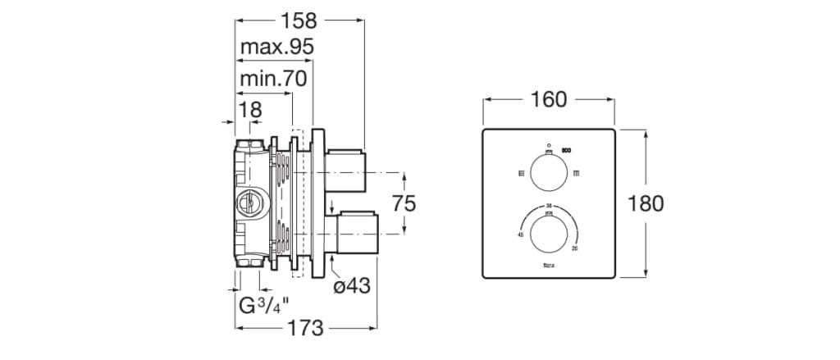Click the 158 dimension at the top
tap(299, 21)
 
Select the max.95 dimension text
tap(277, 48)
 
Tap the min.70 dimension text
tap(273, 79)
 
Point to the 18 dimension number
tap(249, 108)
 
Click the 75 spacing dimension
tap(403, 203)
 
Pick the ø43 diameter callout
tap(352, 286)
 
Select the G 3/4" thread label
tap(263, 308)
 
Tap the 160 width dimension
tap(549, 99)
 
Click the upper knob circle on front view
tap(549, 173)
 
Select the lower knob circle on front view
tap(549, 233)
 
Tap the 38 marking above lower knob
tap(549, 205)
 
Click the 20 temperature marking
tap(574, 248)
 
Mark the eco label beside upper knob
tap(566, 149)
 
